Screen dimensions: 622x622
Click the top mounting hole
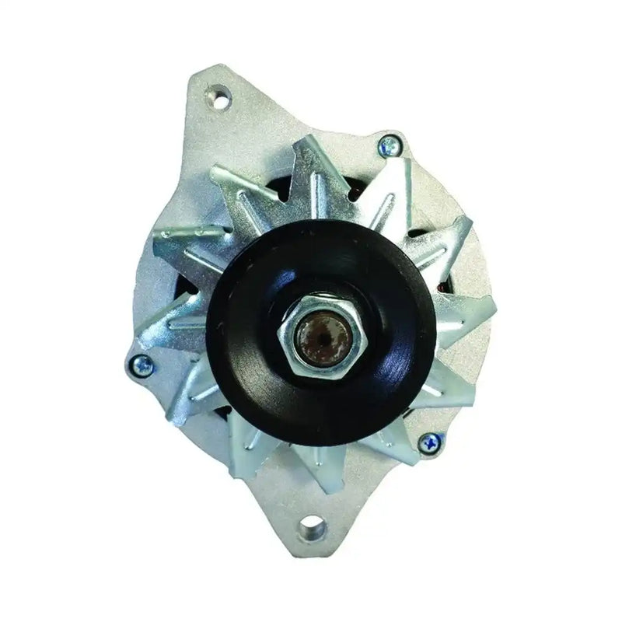point(222,102)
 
